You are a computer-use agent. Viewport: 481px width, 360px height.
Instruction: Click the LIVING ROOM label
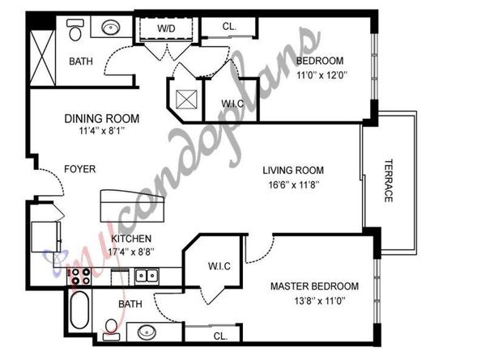[292, 170]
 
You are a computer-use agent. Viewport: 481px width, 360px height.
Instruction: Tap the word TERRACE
[388, 180]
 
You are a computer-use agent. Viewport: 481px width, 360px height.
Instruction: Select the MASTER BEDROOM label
[314, 286]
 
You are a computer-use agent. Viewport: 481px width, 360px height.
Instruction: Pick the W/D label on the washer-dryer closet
[166, 28]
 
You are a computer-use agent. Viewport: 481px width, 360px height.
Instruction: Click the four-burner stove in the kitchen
[79, 276]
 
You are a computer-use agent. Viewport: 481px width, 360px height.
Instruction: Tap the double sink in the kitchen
[147, 276]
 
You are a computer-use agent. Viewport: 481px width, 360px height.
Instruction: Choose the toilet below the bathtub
[111, 329]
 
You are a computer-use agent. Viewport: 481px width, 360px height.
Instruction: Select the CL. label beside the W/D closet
[229, 27]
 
